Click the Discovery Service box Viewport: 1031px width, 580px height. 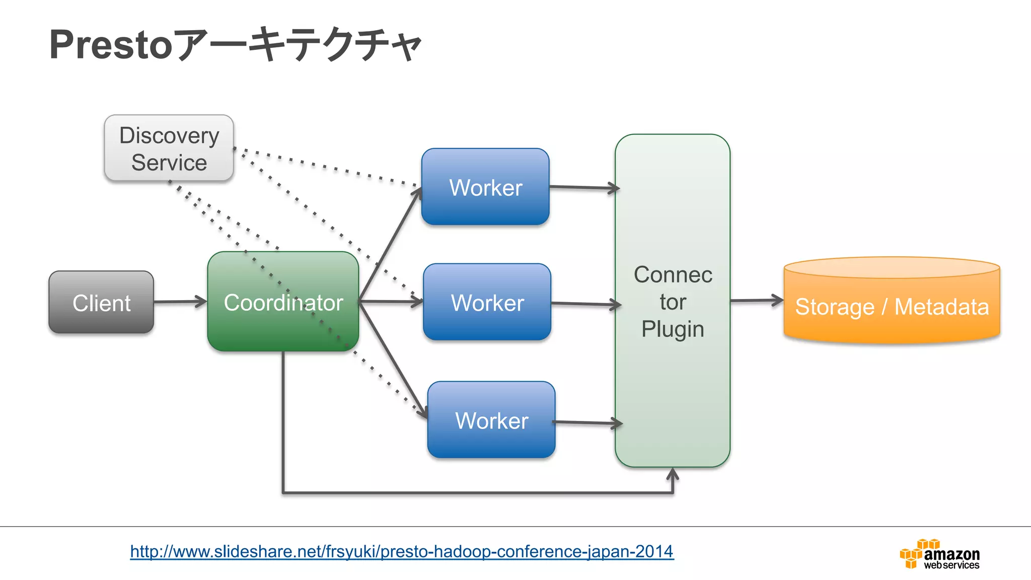click(169, 148)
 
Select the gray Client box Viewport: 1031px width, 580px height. click(101, 303)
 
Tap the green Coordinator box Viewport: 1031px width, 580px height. click(283, 302)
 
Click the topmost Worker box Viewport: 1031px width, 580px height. click(485, 187)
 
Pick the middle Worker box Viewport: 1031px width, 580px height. click(487, 302)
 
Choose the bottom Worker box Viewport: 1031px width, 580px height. click(491, 420)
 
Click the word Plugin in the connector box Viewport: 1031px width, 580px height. click(673, 329)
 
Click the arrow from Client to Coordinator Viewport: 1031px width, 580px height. click(180, 302)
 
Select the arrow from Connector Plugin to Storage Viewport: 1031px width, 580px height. click(757, 301)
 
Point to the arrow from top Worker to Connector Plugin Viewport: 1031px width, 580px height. click(584, 188)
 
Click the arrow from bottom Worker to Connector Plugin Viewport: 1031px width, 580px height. click(588, 423)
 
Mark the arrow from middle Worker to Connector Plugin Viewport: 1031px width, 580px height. click(586, 304)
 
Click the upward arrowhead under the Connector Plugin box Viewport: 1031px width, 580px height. click(673, 474)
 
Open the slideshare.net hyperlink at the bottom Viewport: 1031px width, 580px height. click(402, 551)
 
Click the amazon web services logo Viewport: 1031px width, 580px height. click(940, 554)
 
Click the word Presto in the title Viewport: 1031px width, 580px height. click(111, 45)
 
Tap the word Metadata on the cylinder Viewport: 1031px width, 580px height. click(941, 307)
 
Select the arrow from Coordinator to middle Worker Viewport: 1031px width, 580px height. click(391, 302)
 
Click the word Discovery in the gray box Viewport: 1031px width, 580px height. click(169, 135)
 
